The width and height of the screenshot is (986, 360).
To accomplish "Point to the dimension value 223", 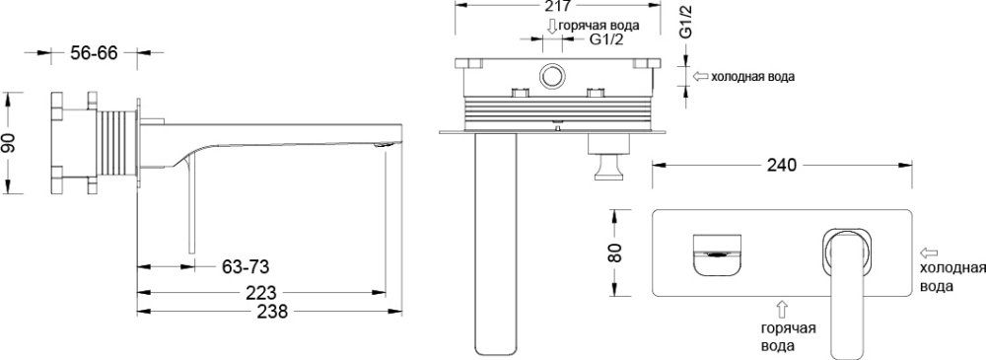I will tap(259, 292).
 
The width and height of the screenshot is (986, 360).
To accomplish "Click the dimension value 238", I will tap(271, 312).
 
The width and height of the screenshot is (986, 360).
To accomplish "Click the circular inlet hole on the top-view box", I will tap(551, 76).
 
